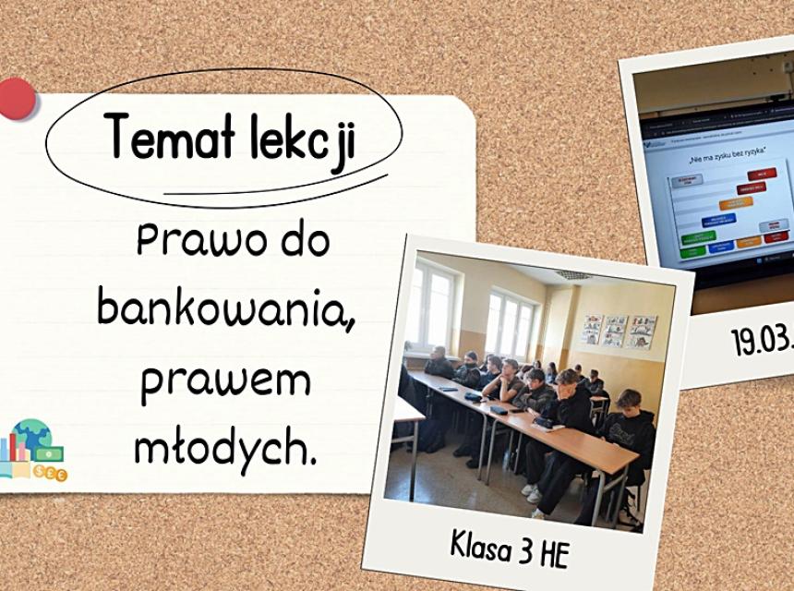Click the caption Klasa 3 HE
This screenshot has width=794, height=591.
click(x=510, y=548)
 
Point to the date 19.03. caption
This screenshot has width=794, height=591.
click(x=763, y=340)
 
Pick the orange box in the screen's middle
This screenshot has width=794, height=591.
click(x=736, y=201)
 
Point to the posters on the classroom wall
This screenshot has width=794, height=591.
click(x=618, y=330)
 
